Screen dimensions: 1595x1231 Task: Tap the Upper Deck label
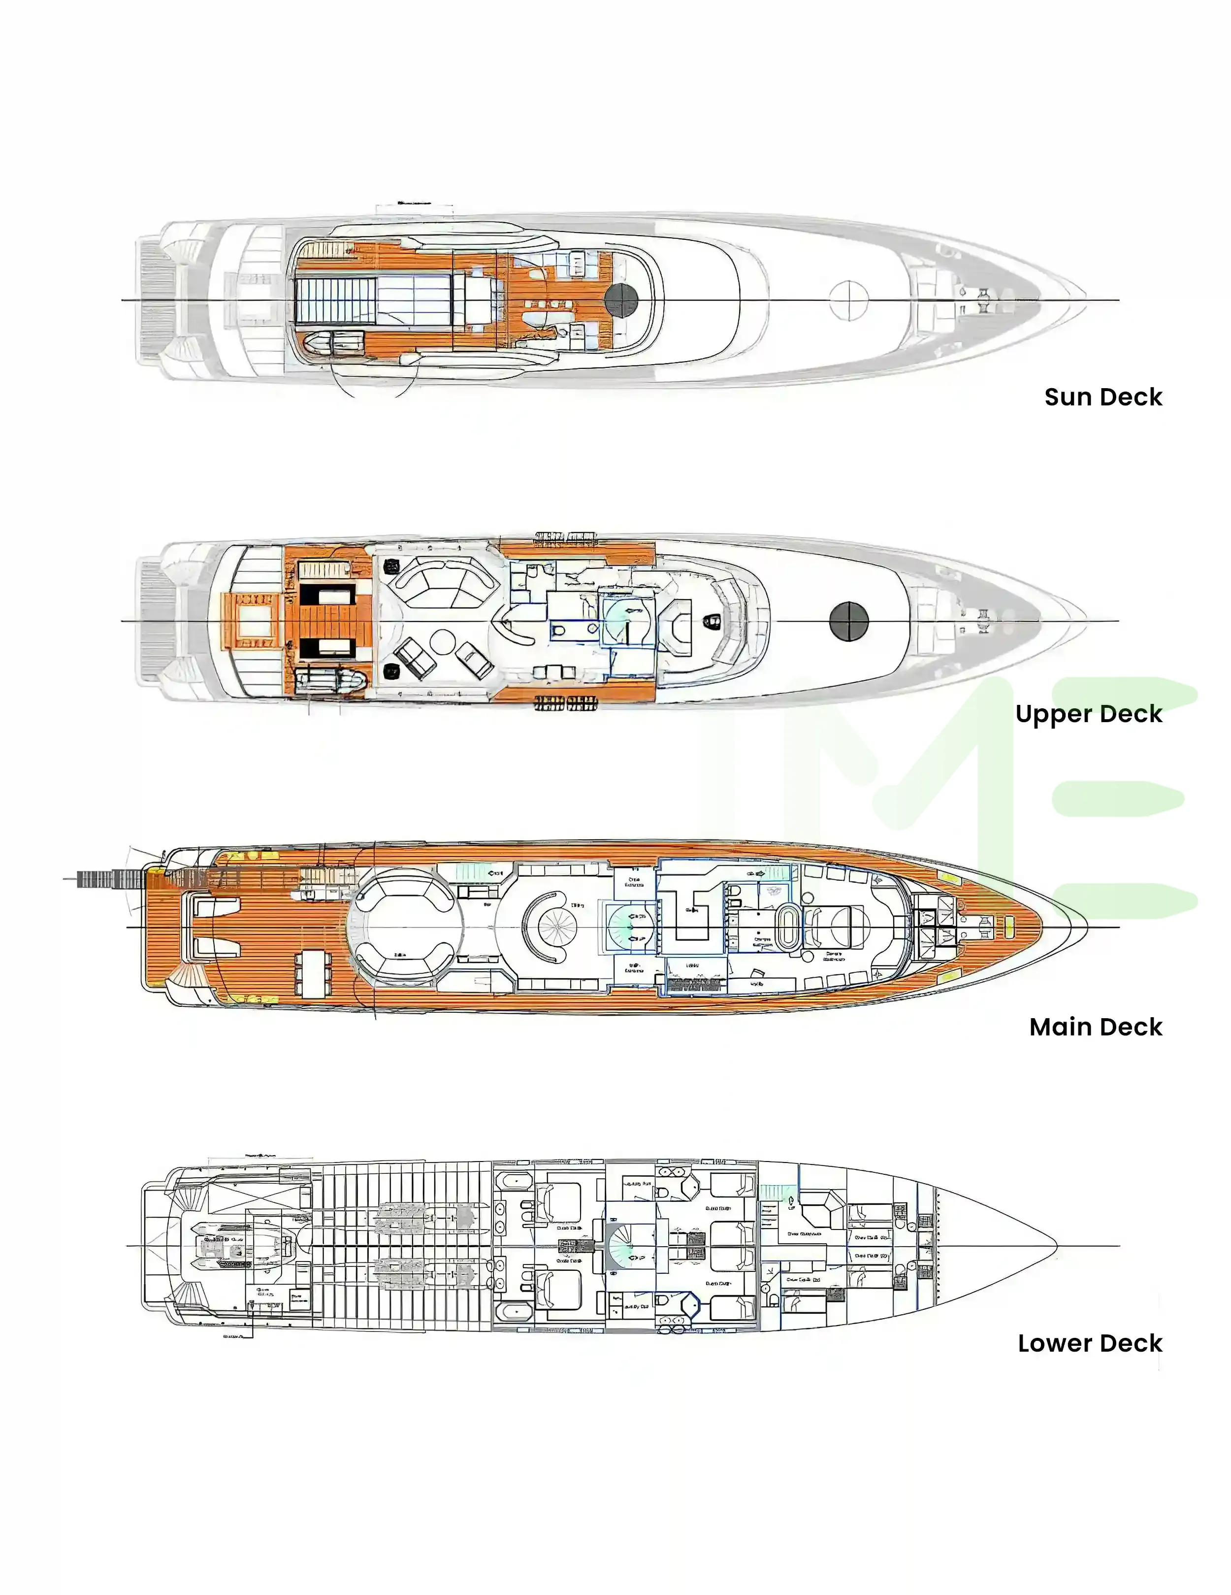click(x=1088, y=714)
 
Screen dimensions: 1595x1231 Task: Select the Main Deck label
click(x=1095, y=1027)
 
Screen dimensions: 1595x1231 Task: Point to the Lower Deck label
click(x=1089, y=1343)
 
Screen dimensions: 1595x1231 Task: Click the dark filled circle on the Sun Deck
click(x=621, y=299)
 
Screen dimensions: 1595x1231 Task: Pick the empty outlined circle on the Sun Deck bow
click(x=848, y=299)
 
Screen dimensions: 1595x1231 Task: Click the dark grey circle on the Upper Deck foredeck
click(x=848, y=621)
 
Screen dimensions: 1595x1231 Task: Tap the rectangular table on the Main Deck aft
click(x=313, y=974)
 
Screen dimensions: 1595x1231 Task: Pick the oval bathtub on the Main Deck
click(x=788, y=928)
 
